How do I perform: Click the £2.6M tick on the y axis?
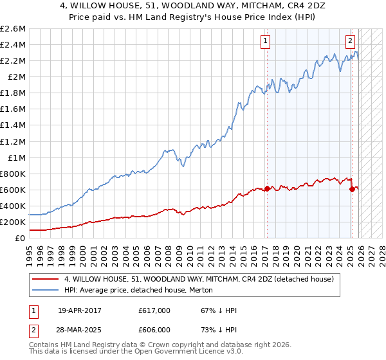14,29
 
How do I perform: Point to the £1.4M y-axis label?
14,125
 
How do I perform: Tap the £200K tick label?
13,222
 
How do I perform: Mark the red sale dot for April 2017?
266,188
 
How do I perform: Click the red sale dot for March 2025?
352,189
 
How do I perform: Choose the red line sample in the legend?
44,280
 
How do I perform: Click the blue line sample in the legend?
44,291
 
